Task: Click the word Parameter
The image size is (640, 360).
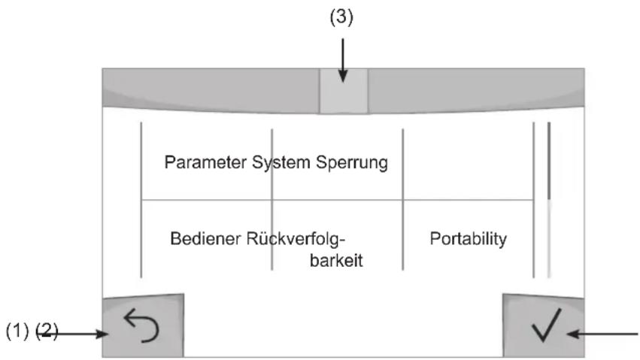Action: pyautogui.click(x=205, y=162)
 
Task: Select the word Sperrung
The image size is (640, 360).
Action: pyautogui.click(x=352, y=163)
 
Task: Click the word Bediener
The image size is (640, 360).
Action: pyautogui.click(x=205, y=238)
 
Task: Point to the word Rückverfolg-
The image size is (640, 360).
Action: pyautogui.click(x=296, y=239)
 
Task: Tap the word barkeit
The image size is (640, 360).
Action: pyautogui.click(x=336, y=261)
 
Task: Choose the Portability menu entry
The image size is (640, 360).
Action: pyautogui.click(x=469, y=239)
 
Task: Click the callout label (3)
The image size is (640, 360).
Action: pyautogui.click(x=341, y=17)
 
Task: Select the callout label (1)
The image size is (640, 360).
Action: pyautogui.click(x=17, y=331)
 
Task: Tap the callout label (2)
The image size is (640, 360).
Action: pyautogui.click(x=47, y=331)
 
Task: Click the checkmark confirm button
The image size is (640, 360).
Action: pyautogui.click(x=543, y=325)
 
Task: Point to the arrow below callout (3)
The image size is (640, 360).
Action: pyautogui.click(x=343, y=60)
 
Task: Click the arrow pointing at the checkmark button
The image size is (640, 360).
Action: pyautogui.click(x=602, y=334)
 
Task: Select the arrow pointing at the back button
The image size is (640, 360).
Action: pyautogui.click(x=74, y=334)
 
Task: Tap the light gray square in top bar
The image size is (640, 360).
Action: pyautogui.click(x=343, y=91)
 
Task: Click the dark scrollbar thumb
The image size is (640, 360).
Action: pyautogui.click(x=549, y=161)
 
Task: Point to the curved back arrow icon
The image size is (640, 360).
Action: pyautogui.click(x=141, y=325)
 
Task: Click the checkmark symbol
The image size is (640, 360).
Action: pyautogui.click(x=547, y=325)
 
